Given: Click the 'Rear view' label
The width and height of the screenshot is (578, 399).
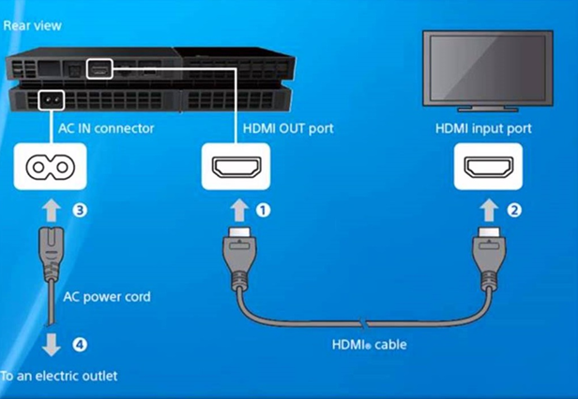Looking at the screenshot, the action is [32, 26].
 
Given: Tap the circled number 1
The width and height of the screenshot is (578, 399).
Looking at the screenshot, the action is [263, 210].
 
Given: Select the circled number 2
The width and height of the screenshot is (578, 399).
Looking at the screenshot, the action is [514, 210].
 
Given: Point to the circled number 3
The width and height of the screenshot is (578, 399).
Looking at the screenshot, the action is [80, 210].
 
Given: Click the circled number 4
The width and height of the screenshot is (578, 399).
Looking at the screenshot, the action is [80, 345].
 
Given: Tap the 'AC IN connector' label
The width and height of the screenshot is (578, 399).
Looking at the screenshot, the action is [106, 128].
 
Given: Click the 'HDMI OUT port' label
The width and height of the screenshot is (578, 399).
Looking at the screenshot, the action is [288, 128].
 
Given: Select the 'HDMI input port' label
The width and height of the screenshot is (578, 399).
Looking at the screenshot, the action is [483, 128].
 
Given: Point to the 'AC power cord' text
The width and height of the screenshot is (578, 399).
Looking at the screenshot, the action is [107, 297].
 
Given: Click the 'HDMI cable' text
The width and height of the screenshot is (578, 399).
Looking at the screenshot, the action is [370, 345].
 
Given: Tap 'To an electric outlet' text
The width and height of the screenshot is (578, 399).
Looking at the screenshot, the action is [58, 376].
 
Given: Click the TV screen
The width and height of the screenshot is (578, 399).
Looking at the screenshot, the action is [488, 68].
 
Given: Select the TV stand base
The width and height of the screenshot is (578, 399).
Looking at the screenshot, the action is [488, 109].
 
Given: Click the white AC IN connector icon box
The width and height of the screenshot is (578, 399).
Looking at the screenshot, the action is [50, 167].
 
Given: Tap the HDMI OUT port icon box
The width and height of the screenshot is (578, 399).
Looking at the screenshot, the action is [236, 167].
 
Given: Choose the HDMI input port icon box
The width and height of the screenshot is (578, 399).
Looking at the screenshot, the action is [488, 167].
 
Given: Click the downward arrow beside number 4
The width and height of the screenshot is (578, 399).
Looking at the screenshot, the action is [52, 345].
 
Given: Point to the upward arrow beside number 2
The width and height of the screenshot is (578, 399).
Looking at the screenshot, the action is [489, 210].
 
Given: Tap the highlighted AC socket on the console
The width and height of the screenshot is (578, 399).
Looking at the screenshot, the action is [52, 100].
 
